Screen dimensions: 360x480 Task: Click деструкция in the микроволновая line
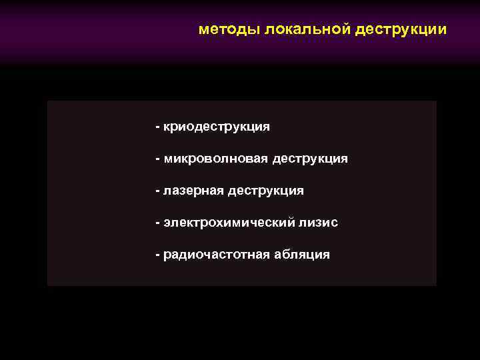309,159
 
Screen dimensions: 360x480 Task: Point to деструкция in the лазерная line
265,191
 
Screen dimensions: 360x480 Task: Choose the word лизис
319,223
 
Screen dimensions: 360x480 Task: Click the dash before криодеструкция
157,126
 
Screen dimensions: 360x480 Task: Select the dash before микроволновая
157,159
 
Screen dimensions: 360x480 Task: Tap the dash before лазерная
157,191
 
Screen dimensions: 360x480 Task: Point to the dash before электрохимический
157,223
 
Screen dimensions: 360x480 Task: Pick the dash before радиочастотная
157,255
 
